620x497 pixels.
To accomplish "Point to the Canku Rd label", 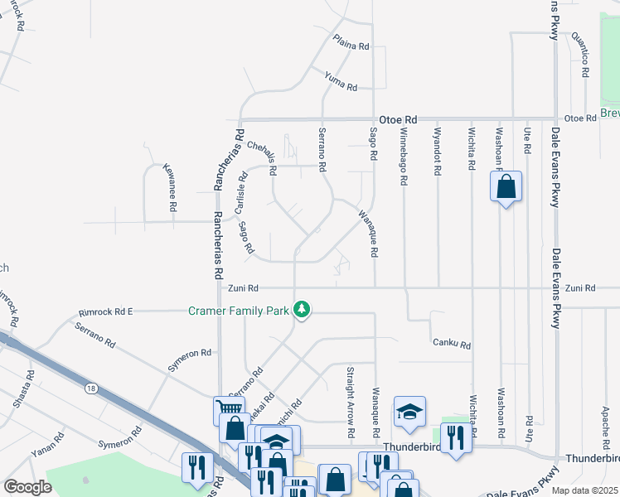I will coord(451,344).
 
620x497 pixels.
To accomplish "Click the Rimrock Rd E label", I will coord(106,312).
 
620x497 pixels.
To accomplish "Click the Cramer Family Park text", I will coord(237,311).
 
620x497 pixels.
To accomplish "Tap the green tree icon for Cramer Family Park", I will coord(303,310).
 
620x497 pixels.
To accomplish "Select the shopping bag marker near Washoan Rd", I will coord(506,186).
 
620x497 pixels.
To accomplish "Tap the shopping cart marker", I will coord(230,408).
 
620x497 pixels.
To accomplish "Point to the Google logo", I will coord(27,487).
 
